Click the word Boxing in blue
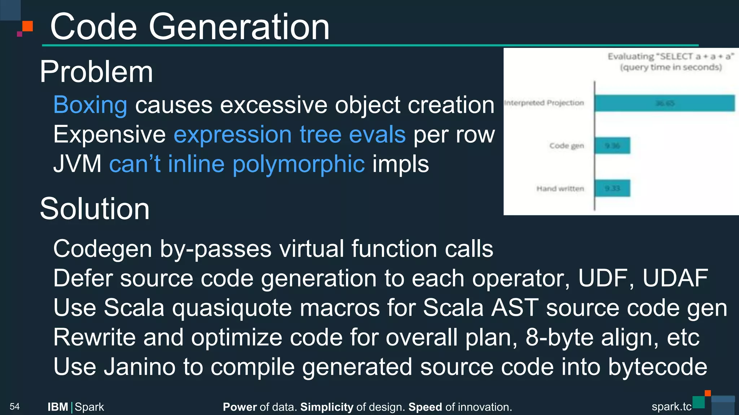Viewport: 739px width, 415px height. coord(90,105)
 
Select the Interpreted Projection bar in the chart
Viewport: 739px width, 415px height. coord(664,103)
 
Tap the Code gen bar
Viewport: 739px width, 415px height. coord(612,146)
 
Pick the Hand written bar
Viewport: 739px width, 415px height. coord(612,188)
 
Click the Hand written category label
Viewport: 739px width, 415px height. coord(560,189)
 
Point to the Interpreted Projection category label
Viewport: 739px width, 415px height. coord(544,103)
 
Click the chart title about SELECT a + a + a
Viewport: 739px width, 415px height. coord(671,62)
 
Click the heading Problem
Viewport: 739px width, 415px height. coord(96,72)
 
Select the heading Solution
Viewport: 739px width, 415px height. coord(95,209)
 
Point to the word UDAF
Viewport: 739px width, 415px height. coord(675,278)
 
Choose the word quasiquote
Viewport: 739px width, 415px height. coord(232,308)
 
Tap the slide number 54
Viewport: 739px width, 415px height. coord(14,407)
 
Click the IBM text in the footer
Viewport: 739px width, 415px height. coord(58,407)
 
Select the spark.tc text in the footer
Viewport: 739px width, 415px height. coord(671,407)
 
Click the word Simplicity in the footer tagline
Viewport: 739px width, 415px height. coord(327,407)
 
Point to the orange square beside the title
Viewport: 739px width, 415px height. coord(28,26)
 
